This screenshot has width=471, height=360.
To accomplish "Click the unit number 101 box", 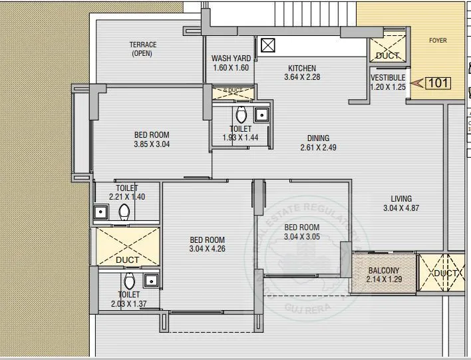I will point(436,83).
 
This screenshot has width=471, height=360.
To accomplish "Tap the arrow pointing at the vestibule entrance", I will point(417,83).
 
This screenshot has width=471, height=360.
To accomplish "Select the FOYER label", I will point(437,41).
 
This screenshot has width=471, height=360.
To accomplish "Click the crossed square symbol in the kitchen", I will point(268,45).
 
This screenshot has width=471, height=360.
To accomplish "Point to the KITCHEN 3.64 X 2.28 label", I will point(301,73).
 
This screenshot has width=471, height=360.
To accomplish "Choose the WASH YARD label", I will point(231,63).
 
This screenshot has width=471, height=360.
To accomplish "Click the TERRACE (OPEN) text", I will point(142,49).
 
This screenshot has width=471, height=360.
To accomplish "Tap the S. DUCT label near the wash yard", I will point(233,90).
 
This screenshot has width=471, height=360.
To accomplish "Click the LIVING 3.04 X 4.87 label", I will point(401,204).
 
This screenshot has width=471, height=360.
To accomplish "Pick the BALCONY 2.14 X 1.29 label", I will point(383,275).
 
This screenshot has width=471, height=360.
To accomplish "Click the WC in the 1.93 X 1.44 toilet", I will point(241,113).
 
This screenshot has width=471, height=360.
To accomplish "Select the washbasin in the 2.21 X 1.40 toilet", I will point(101,212).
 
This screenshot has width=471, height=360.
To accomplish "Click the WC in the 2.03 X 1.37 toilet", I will point(130,279).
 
